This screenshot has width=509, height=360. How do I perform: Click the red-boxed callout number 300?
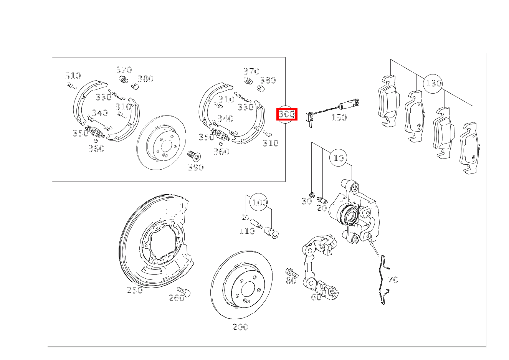click(287, 114)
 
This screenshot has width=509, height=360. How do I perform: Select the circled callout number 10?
click(339, 158)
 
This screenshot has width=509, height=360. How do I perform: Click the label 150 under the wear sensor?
click(339, 117)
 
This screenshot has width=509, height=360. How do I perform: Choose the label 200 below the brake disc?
click(240, 327)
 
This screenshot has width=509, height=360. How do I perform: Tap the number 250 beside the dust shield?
click(135, 290)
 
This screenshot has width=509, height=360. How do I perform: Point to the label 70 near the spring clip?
click(393, 280)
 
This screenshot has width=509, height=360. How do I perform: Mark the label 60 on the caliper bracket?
click(316, 297)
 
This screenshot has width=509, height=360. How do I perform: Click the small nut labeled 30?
click(312, 195)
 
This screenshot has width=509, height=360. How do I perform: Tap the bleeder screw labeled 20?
click(322, 200)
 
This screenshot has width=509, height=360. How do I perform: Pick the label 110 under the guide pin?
click(247, 231)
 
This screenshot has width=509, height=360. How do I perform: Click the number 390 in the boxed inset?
click(196, 167)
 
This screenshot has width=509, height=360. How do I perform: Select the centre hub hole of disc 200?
click(248, 289)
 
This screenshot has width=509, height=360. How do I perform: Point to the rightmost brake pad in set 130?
click(469, 148)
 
